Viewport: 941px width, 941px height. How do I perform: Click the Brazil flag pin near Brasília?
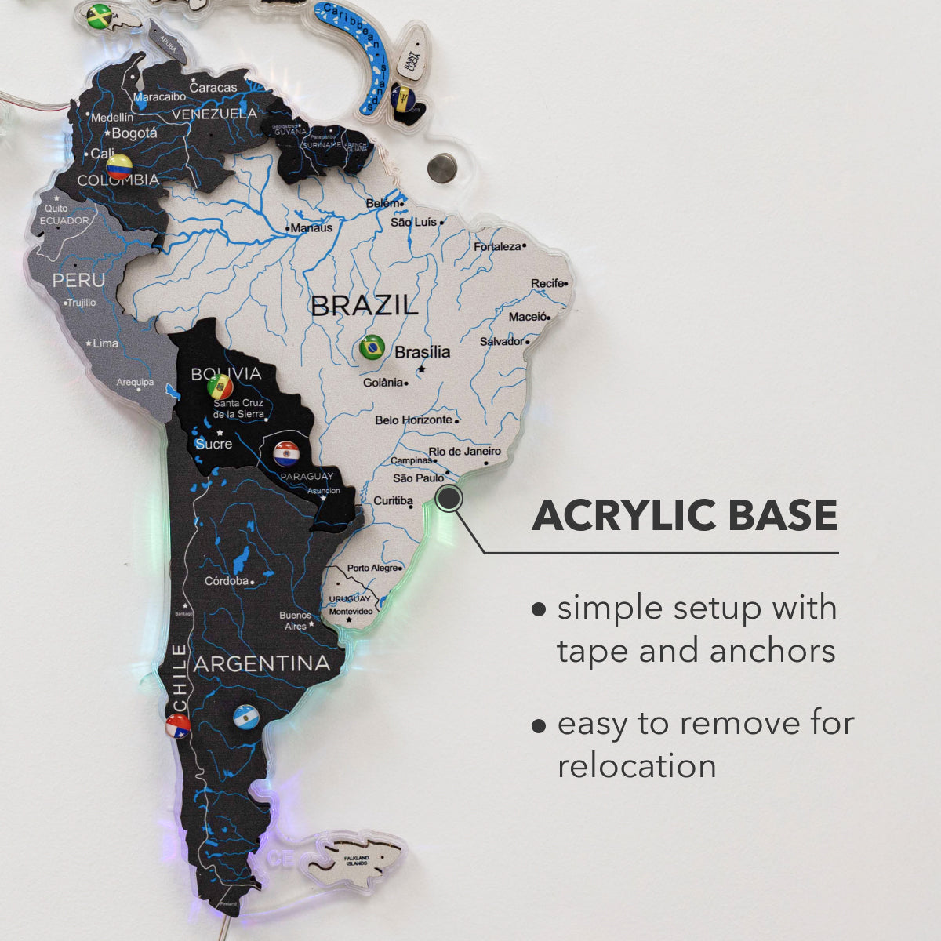[371, 347]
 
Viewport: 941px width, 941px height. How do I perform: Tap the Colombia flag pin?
[119, 165]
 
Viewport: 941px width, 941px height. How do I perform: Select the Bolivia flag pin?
[220, 386]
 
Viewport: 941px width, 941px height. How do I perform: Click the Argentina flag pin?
[246, 717]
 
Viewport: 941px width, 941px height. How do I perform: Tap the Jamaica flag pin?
[100, 16]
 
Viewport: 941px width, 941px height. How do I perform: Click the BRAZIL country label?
[365, 306]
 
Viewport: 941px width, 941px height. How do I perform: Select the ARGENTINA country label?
[262, 663]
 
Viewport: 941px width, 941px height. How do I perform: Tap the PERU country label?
[78, 280]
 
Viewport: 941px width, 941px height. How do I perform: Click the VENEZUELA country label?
[215, 114]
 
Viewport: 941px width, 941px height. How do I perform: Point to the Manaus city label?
[311, 228]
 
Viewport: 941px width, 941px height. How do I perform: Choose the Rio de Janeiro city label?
[464, 452]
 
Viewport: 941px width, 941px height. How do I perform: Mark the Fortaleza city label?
[497, 246]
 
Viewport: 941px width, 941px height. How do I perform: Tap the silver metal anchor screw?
[441, 167]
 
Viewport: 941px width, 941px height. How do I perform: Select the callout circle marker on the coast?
[449, 498]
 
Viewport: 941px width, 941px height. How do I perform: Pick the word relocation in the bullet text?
[637, 766]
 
